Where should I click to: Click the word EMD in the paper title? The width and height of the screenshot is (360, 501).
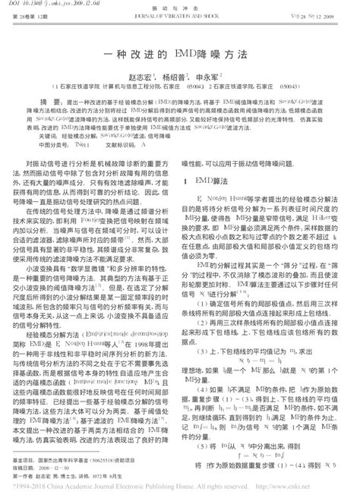click(x=185, y=55)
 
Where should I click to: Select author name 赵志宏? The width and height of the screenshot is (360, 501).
click(x=134, y=77)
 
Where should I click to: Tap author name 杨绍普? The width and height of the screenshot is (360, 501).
click(x=171, y=77)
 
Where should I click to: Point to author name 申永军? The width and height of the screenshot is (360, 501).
click(x=207, y=77)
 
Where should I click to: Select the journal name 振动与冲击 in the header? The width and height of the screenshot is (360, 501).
click(x=180, y=5)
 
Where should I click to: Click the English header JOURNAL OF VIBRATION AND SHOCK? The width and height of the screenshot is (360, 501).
click(x=180, y=14)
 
